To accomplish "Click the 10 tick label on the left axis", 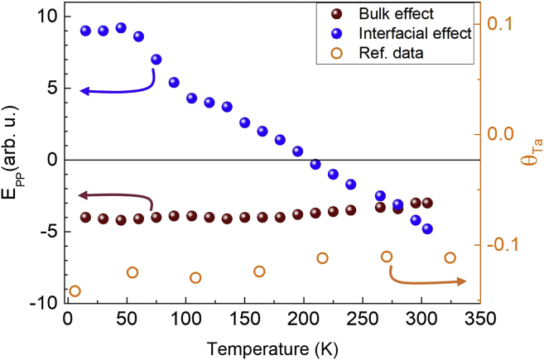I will (46, 16).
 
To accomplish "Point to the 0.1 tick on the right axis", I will (501, 23).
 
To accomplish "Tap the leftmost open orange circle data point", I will (75, 290).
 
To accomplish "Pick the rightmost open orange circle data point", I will (450, 257).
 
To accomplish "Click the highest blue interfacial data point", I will (121, 27).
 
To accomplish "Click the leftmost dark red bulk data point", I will (85, 218).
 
